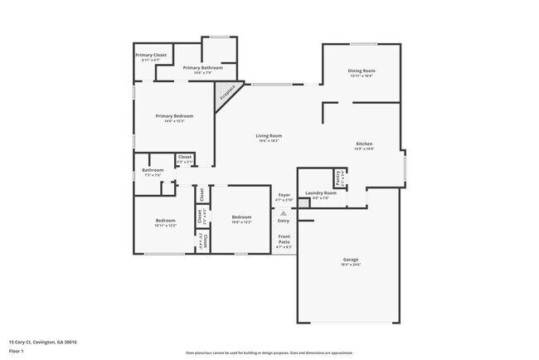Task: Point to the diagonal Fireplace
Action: click(226, 93)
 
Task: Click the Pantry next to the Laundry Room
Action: click(338, 177)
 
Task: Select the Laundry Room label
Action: click(320, 194)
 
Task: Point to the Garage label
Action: click(352, 260)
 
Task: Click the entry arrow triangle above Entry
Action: click(284, 213)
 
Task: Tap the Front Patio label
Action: click(284, 241)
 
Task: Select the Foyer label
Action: click(284, 197)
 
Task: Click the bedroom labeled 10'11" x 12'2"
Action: click(166, 221)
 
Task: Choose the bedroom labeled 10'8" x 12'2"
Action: click(242, 219)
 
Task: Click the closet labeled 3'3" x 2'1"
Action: click(184, 158)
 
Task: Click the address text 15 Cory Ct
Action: click(36, 341)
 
